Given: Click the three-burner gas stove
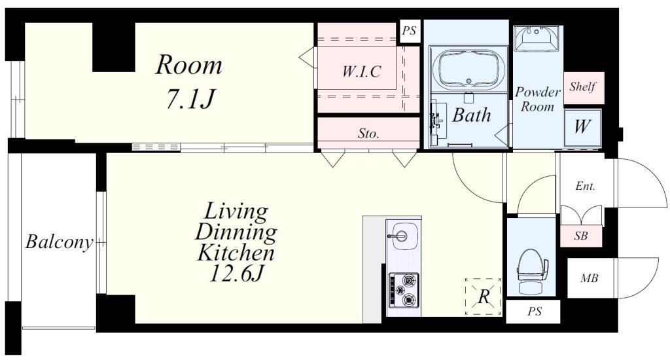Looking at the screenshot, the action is click(x=404, y=291).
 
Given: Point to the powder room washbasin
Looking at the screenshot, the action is click(x=537, y=39).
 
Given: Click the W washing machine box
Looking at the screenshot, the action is click(x=582, y=127).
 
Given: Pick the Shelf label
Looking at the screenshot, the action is click(x=582, y=87).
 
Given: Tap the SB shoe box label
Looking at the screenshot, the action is click(x=581, y=236).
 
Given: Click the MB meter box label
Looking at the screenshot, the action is click(x=590, y=278).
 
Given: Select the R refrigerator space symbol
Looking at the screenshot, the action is click(x=484, y=297).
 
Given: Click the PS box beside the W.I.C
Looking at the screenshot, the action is click(x=410, y=31).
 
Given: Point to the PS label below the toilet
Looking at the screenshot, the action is click(x=534, y=312).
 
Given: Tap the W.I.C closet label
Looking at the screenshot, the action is click(x=361, y=71).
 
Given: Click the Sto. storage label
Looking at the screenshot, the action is click(x=368, y=134).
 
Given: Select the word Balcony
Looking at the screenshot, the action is click(x=59, y=242).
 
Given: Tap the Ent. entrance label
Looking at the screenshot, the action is click(x=585, y=186).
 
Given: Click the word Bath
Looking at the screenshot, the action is click(x=471, y=115).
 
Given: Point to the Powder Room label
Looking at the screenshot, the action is click(x=538, y=99).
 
